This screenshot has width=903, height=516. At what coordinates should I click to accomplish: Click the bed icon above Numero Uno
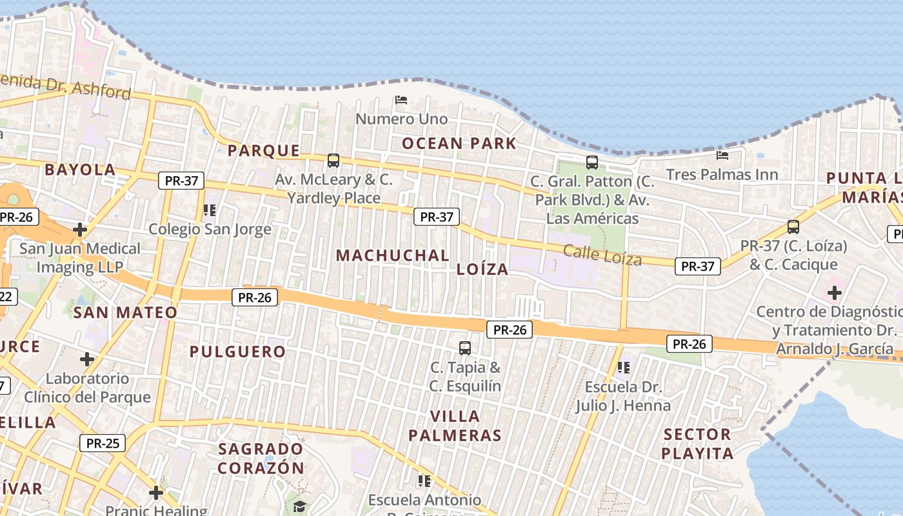(x=401, y=100)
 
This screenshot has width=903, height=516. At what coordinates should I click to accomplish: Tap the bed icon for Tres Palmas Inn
(x=722, y=155)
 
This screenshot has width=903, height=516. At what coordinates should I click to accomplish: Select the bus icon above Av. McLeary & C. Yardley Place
(x=333, y=161)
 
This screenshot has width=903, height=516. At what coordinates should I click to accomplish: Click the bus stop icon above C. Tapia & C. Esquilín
(x=465, y=348)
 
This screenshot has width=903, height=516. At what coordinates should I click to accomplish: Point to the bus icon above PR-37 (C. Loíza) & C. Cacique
(x=793, y=227)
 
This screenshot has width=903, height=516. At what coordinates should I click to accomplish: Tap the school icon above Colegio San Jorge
(x=210, y=210)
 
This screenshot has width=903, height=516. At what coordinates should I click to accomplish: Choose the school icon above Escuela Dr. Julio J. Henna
(x=623, y=368)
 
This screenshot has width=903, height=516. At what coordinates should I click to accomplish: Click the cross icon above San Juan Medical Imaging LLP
(x=80, y=230)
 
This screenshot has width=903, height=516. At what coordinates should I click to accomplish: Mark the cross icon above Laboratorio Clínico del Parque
(x=87, y=359)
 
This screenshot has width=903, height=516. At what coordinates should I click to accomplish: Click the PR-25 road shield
(x=103, y=443)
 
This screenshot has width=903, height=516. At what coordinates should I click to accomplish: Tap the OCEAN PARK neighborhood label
(x=459, y=143)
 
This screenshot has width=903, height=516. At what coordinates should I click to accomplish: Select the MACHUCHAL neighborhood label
(x=392, y=255)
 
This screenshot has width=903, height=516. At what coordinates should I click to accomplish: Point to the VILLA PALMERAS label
(x=455, y=426)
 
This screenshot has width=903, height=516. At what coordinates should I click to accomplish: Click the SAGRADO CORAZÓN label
(x=261, y=458)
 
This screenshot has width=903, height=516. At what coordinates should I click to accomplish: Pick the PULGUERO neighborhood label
(x=237, y=352)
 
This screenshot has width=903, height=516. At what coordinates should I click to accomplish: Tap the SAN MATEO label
(x=125, y=313)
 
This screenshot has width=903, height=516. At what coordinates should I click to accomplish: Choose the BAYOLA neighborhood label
(x=80, y=170)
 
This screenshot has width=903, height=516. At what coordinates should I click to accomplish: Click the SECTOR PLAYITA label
(x=697, y=444)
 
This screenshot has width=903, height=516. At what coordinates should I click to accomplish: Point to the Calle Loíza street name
(x=602, y=255)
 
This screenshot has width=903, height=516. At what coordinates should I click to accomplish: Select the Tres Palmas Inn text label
(x=722, y=174)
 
